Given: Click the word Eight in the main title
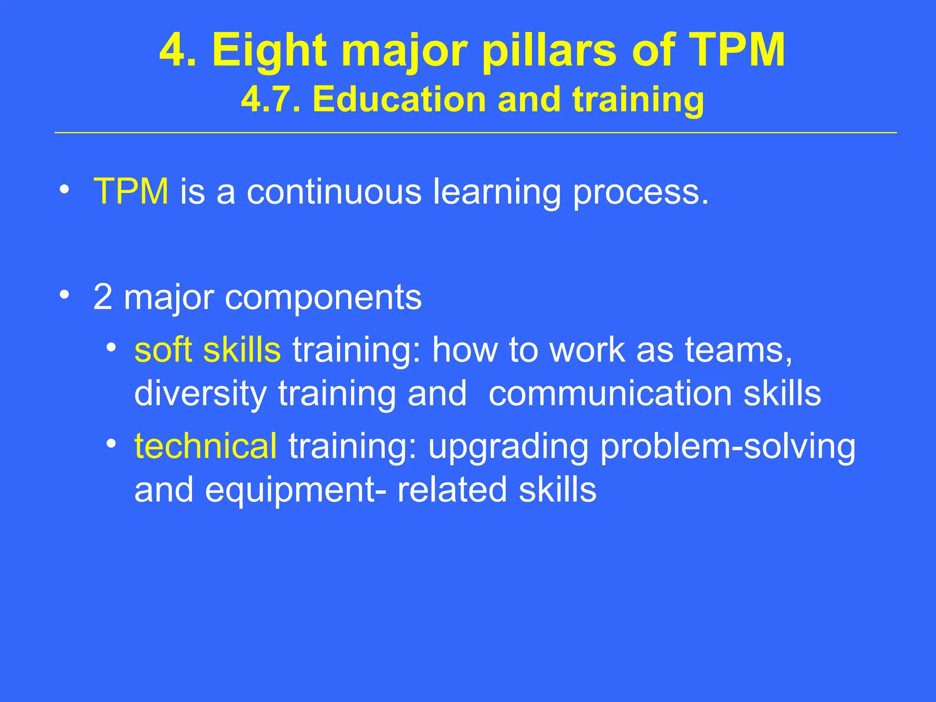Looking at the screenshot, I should [270, 51].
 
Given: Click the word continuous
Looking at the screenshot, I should [334, 191].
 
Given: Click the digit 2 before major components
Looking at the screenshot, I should [103, 298].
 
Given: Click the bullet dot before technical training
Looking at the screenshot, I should [111, 443].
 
